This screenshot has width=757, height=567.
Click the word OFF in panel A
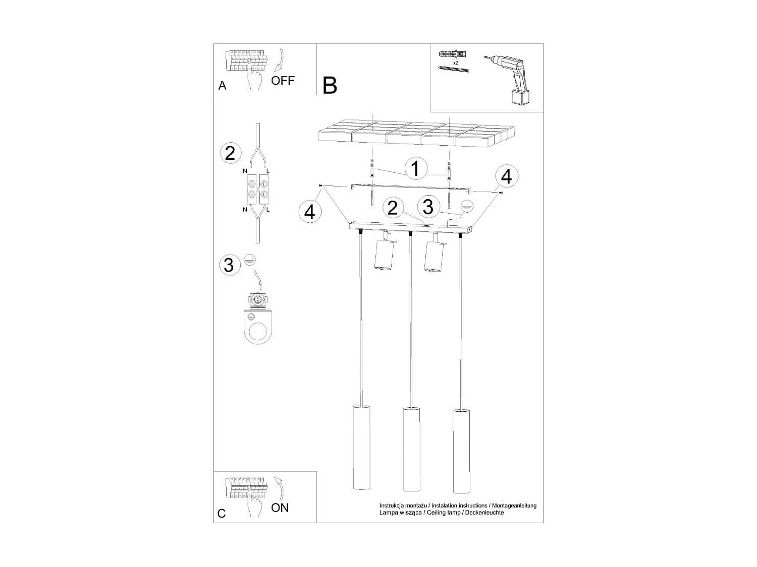pos(283,81)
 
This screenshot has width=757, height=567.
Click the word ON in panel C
pos(280,508)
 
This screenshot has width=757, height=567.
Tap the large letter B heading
pos(330,86)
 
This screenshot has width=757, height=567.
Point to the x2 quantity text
pos(455,63)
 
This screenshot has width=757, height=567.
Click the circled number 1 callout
pos(415,168)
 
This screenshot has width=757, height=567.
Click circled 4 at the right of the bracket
pos(506,176)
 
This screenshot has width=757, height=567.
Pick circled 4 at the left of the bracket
pos(309,212)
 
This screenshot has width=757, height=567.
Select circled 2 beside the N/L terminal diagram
pos(230,153)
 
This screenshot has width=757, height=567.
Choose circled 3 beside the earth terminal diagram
pos(229,265)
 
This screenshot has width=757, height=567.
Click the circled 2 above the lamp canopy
pos(393,208)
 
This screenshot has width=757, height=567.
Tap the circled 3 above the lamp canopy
pos(427,206)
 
